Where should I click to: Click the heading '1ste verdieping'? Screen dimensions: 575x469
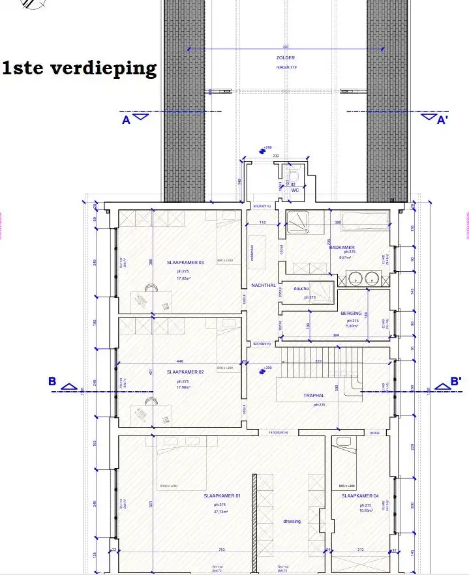(x=80, y=68)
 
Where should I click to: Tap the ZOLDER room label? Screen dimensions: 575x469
(x=286, y=58)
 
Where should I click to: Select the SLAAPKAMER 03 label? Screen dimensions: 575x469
(x=185, y=263)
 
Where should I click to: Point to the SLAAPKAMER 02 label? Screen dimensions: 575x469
(x=185, y=372)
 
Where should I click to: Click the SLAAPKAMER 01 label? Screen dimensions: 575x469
(x=222, y=496)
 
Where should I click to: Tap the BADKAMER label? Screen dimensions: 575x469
(x=342, y=248)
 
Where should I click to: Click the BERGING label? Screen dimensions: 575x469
(x=351, y=314)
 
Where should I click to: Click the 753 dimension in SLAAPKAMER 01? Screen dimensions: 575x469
(x=221, y=550)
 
